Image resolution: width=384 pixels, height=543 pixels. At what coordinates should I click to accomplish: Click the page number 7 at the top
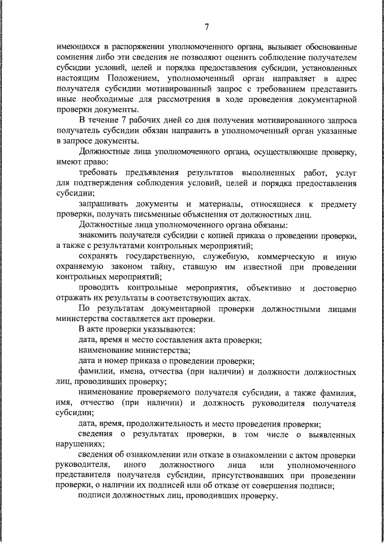coord(206,26)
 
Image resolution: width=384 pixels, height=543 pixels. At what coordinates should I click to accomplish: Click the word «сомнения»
coord(74,58)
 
